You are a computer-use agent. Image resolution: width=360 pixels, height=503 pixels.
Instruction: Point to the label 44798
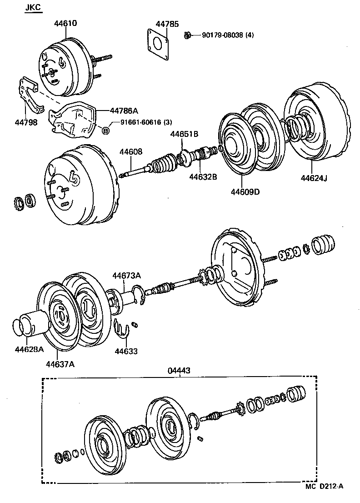(26, 122)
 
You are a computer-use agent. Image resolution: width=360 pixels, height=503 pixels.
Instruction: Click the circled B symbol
(105, 131)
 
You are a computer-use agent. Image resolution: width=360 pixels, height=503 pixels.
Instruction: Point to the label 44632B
(202, 176)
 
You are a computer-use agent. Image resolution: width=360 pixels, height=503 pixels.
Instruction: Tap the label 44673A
(127, 275)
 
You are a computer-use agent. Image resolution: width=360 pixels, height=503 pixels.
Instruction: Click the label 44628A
(29, 350)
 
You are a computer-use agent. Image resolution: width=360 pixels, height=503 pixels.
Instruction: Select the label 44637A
(60, 363)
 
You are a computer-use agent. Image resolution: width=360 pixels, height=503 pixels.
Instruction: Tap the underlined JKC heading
(33, 8)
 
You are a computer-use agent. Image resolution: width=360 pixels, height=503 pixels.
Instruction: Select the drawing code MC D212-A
(324, 486)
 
